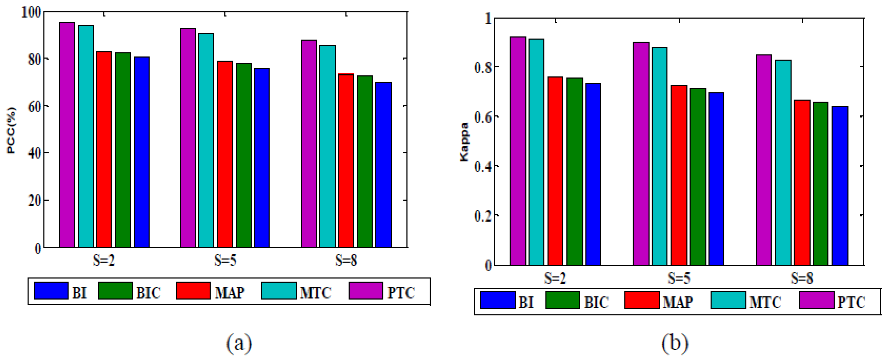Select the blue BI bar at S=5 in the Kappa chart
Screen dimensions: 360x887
pyautogui.click(x=716, y=179)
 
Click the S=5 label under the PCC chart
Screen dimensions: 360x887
pyautogui.click(x=225, y=260)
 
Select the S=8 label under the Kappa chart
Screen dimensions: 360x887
pyautogui.click(x=802, y=278)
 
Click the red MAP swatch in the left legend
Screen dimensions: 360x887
pyautogui.click(x=193, y=291)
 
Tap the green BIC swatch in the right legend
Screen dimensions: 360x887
pyautogui.click(x=563, y=300)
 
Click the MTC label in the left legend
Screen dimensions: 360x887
pyautogui.click(x=316, y=293)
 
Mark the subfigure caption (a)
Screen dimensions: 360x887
pyautogui.click(x=239, y=343)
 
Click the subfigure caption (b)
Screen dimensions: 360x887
pyautogui.click(x=675, y=343)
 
